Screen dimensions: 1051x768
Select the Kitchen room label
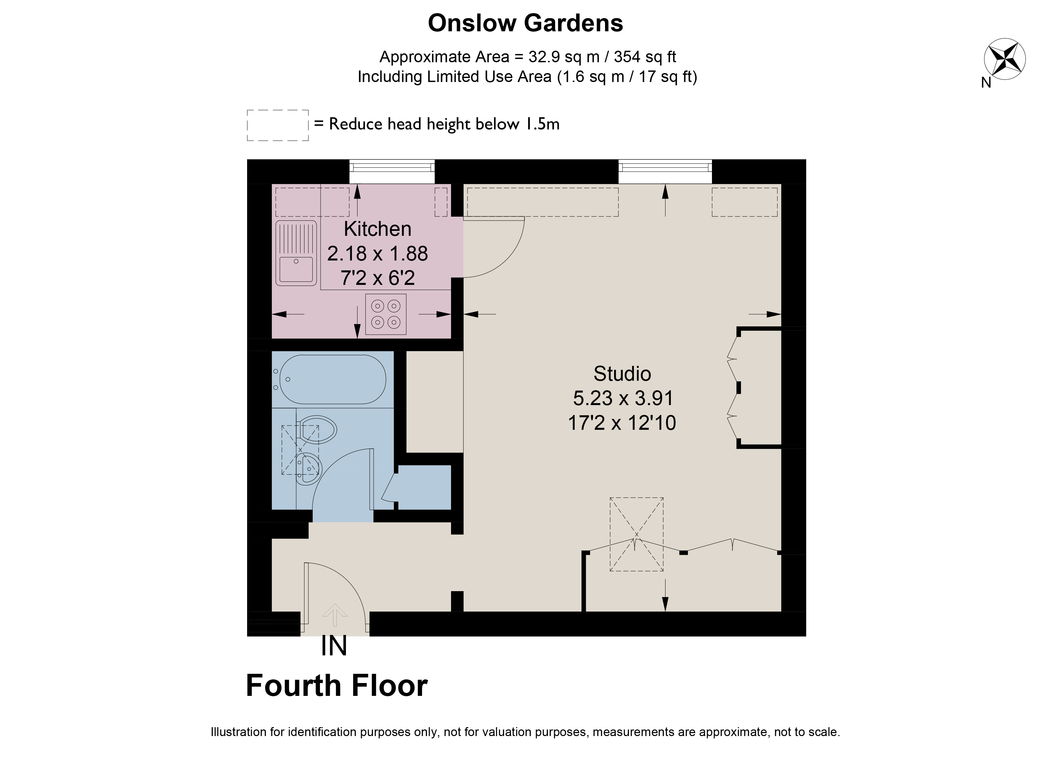[x=378, y=229]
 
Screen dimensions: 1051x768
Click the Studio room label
[x=622, y=373]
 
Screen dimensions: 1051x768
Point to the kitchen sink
[x=296, y=253]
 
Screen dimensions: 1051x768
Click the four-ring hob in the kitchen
[x=386, y=314]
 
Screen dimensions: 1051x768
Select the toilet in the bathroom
[x=318, y=429]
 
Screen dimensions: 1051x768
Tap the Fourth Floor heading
[x=337, y=686]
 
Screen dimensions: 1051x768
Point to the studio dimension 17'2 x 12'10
[x=622, y=423]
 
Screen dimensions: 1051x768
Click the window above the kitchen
[x=392, y=172]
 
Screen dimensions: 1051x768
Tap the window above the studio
[x=665, y=172]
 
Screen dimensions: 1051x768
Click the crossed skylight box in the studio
[x=637, y=534]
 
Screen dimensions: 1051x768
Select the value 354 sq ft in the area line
[x=645, y=57]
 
